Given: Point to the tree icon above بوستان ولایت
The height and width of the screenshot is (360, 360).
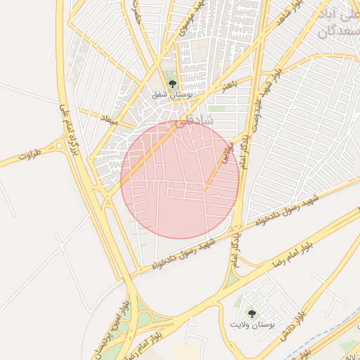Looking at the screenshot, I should [x=251, y=314].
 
